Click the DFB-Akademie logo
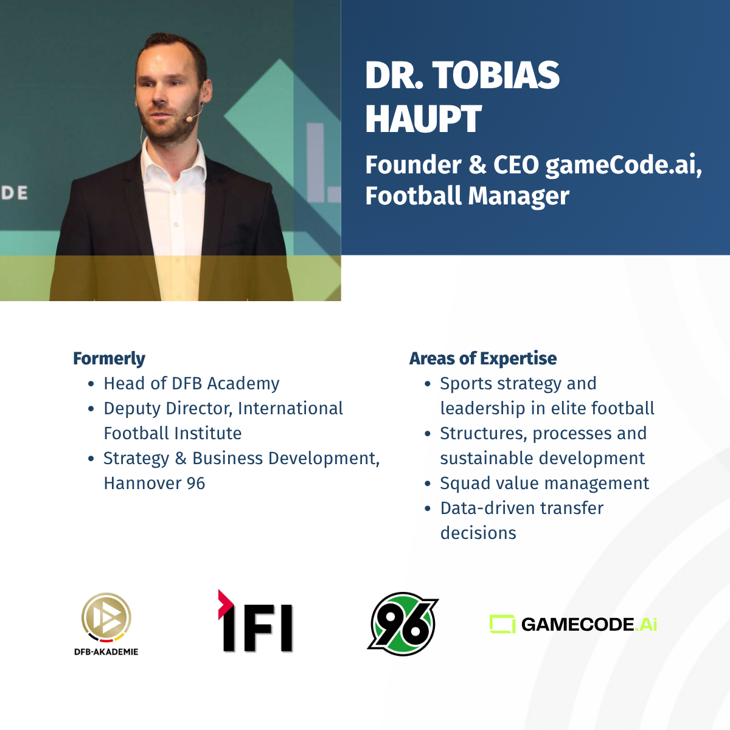tap(106, 624)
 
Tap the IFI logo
tap(255, 621)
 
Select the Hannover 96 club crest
tap(403, 624)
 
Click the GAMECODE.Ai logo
tap(573, 624)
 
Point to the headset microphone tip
tap(189, 120)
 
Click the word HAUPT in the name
tap(423, 119)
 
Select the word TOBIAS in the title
tap(496, 75)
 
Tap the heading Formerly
tap(109, 358)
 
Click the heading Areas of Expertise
tap(483, 358)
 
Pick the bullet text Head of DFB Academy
tap(192, 383)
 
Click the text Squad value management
tap(544, 484)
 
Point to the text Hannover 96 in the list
tap(155, 484)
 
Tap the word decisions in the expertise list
tap(478, 533)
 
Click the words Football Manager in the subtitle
tap(467, 196)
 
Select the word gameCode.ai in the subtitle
tap(624, 165)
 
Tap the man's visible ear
tap(206, 92)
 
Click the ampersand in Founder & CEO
tap(478, 165)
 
